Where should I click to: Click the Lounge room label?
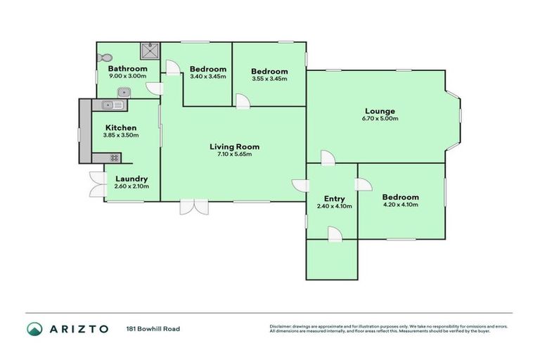380,111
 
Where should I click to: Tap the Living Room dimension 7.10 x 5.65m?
234,155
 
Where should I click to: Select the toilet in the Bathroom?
105,58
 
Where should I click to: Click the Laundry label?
131,179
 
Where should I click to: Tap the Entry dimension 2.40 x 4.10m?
334,207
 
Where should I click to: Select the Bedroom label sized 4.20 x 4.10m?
400,198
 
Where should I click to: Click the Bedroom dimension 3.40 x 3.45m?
208,77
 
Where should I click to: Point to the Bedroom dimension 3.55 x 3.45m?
269,79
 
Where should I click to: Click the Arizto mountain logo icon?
34,328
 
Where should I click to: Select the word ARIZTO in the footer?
79,328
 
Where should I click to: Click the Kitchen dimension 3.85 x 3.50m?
121,136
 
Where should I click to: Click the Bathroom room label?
127,68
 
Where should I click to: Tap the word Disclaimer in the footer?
281,326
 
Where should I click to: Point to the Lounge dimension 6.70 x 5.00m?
380,119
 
